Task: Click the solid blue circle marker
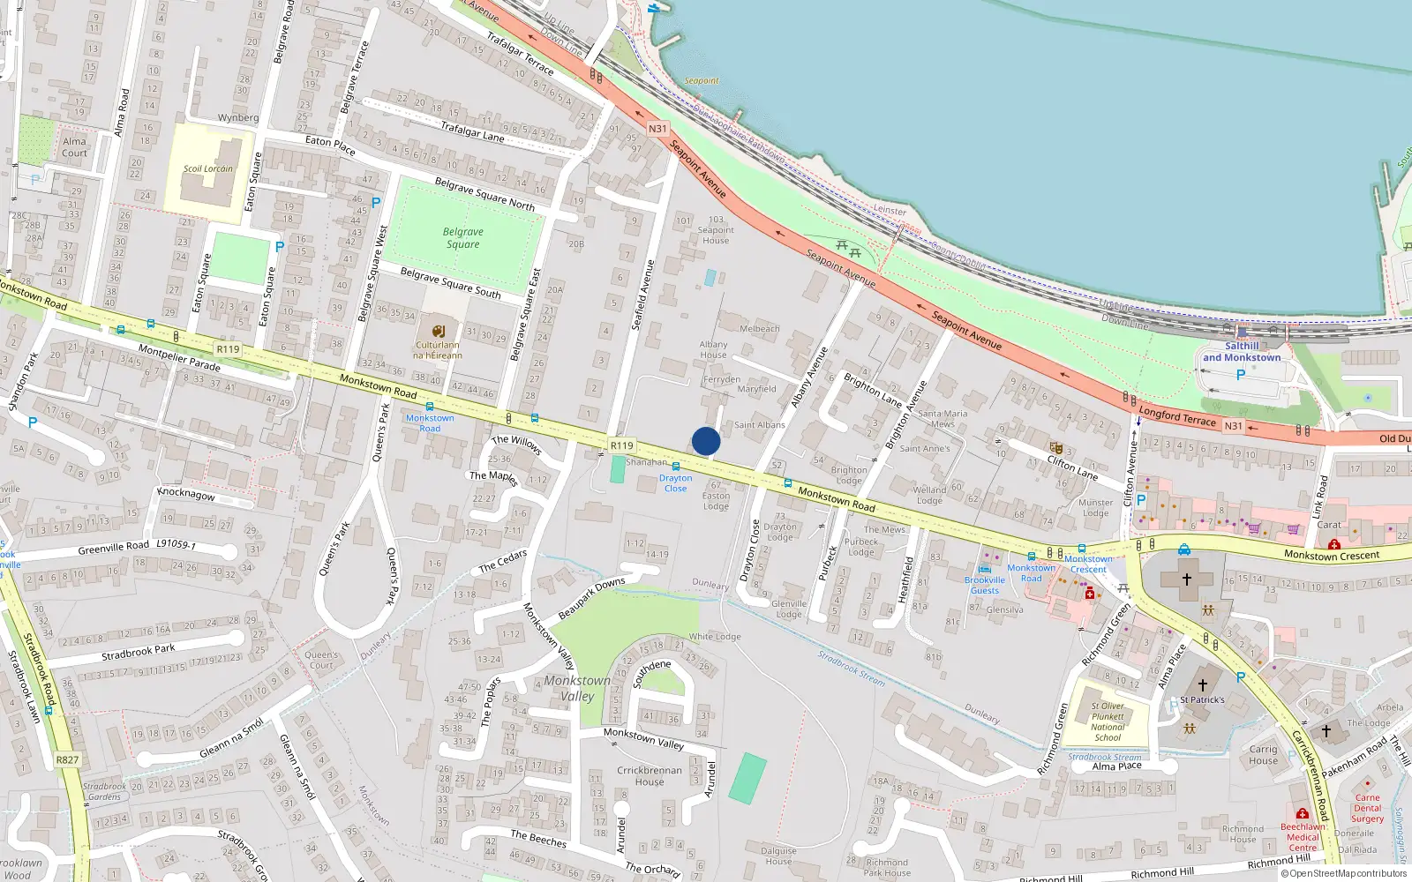click(706, 441)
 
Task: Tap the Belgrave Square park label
click(462, 238)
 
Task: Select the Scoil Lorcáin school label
click(208, 168)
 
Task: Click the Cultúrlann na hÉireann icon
click(439, 331)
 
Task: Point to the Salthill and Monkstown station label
click(1242, 352)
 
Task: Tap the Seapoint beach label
click(702, 81)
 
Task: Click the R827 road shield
click(67, 759)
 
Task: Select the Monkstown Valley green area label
click(577, 688)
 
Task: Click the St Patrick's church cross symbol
click(1202, 684)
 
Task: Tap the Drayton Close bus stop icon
click(676, 467)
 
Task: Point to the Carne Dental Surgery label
click(1367, 808)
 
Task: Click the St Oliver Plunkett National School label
click(1108, 721)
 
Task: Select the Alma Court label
click(75, 147)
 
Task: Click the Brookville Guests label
click(985, 585)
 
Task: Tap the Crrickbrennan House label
click(650, 775)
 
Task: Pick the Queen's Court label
click(321, 660)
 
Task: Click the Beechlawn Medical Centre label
click(1303, 837)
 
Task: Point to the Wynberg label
click(238, 117)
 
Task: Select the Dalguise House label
click(778, 856)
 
